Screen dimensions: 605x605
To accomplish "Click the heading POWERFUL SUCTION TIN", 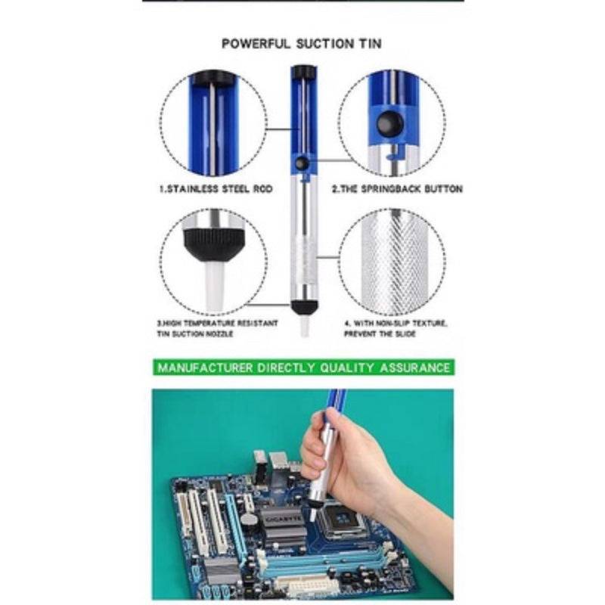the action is (302, 43).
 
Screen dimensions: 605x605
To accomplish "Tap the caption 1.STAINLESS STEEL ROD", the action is (216, 188).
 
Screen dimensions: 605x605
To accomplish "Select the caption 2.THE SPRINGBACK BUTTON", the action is (398, 188).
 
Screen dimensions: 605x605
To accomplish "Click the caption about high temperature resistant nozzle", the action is (217, 328).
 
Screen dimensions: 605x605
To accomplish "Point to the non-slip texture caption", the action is (396, 328).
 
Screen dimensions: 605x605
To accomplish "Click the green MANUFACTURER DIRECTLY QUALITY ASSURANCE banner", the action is (304, 367).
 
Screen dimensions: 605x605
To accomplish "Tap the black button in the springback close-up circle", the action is (390, 124).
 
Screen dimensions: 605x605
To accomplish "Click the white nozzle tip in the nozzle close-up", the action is (214, 287).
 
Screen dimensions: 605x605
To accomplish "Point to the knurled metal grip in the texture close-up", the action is (393, 262).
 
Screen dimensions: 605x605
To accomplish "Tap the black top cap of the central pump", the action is (304, 72).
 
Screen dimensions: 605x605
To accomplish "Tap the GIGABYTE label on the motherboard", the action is (284, 519).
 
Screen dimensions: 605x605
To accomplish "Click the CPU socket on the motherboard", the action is (343, 520).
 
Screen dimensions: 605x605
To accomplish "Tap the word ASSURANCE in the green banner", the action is (415, 368).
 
